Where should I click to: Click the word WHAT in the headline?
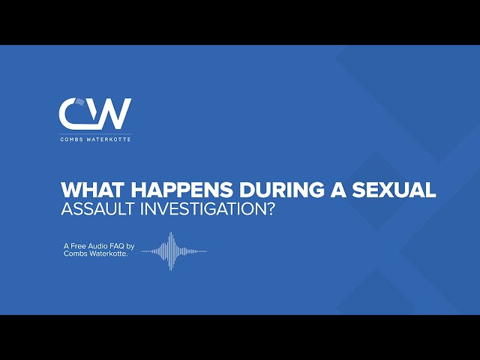93,190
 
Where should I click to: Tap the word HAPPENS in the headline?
181,190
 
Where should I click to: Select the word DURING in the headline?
281,190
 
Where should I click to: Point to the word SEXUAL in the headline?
394,190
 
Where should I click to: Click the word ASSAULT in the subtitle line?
97,209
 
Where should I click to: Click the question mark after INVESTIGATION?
268,209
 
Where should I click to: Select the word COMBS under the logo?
72,139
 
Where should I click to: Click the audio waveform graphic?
174,251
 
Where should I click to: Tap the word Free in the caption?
79,246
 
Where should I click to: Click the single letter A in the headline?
337,190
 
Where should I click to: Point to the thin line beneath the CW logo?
95,133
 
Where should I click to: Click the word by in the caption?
130,247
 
